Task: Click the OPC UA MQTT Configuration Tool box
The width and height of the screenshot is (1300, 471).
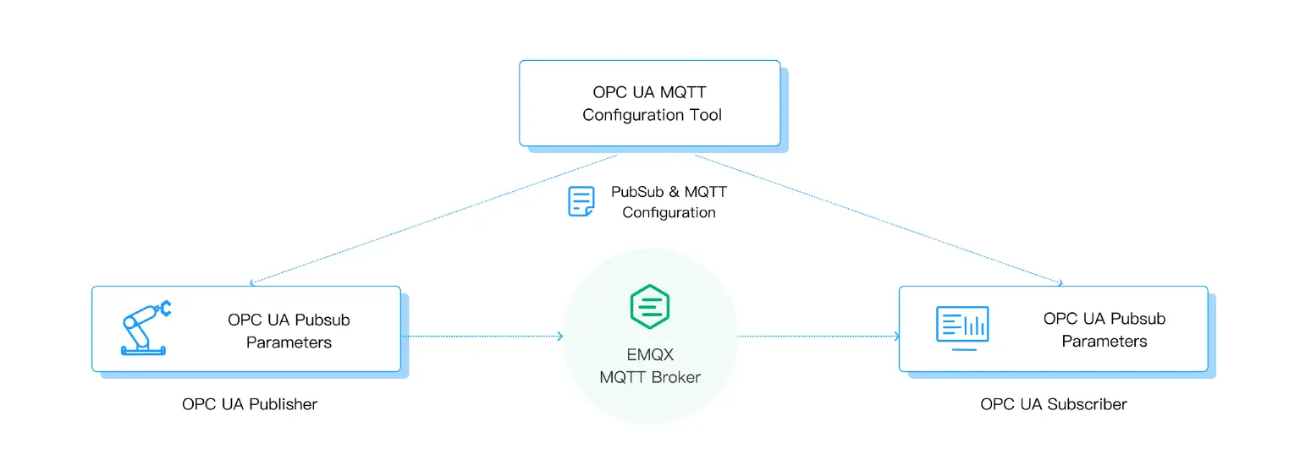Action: [x=649, y=102]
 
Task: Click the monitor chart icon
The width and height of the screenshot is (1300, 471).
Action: [x=962, y=327]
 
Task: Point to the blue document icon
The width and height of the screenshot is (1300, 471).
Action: [x=581, y=202]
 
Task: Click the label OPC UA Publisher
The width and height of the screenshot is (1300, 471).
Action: [x=250, y=404]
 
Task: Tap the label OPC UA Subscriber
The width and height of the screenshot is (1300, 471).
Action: [x=1054, y=404]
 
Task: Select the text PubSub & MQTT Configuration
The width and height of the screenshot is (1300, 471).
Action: [x=669, y=202]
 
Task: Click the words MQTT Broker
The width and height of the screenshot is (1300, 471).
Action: [x=650, y=377]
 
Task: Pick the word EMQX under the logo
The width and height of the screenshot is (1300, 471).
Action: [x=650, y=355]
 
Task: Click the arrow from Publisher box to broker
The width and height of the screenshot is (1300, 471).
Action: [x=482, y=337]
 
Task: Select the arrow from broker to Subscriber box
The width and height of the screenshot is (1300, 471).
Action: [x=818, y=337]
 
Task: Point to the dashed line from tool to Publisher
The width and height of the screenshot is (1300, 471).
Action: [x=432, y=219]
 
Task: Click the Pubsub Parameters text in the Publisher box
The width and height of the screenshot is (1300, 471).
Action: [x=289, y=331]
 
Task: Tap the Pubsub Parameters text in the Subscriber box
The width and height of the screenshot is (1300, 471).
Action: [x=1104, y=330]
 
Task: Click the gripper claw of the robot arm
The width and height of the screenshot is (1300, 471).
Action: [x=164, y=308]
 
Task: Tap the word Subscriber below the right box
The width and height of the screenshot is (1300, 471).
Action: [x=1087, y=404]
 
